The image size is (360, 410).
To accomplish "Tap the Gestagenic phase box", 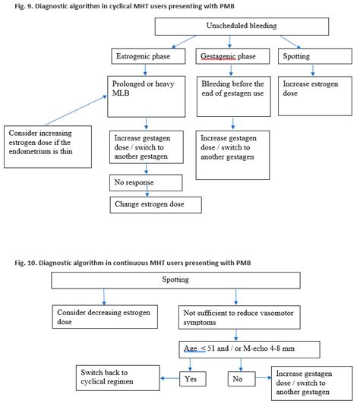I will tap(232, 57).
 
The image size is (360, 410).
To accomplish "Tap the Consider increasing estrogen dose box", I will tap(48, 143).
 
